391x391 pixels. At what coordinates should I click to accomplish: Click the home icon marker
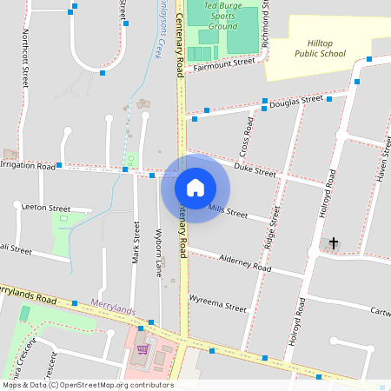pyautogui.click(x=195, y=187)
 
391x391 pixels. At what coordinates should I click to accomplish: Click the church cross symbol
pyautogui.click(x=333, y=243)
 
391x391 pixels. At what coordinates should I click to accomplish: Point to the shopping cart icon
pyautogui.click(x=142, y=349)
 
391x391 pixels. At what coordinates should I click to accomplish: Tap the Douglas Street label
pyautogui.click(x=295, y=102)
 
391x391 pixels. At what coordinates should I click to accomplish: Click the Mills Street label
pyautogui.click(x=228, y=210)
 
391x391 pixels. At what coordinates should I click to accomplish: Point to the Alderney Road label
pyautogui.click(x=245, y=262)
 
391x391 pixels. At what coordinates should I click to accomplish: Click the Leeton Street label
pyautogui.click(x=47, y=209)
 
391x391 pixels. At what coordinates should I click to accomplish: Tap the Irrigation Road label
pyautogui.click(x=28, y=164)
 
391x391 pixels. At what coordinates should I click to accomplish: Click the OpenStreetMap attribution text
pyautogui.click(x=87, y=385)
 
